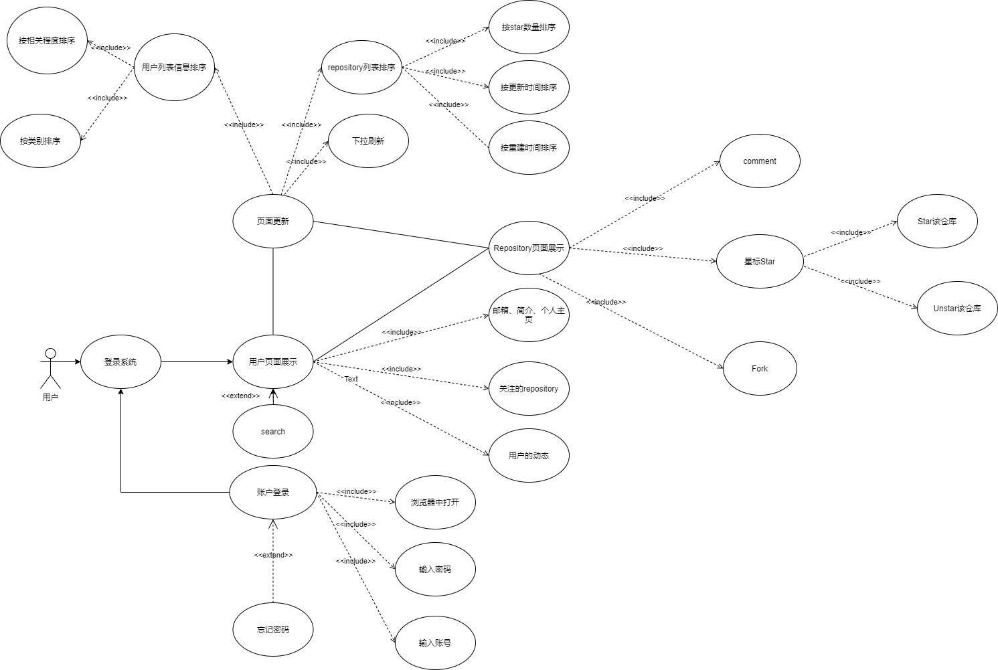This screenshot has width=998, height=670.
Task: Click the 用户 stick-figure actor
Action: point(50,367)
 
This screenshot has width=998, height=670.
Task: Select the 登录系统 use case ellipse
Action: point(120,362)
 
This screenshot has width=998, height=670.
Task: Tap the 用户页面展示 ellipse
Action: point(273,362)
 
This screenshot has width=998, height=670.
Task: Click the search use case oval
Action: point(273,432)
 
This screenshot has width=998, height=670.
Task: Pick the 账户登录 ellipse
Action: point(273,493)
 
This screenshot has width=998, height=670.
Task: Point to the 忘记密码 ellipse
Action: point(273,630)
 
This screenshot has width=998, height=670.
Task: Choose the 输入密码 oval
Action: point(435,570)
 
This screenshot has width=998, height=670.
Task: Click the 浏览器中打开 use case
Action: point(435,503)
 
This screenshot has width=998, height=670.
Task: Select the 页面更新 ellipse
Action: point(273,222)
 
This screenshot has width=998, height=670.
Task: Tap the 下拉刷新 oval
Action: point(368,141)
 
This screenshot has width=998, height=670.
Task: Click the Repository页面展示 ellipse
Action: point(529,248)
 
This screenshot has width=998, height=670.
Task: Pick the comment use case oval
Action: point(760,161)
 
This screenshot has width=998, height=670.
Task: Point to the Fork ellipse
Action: point(760,369)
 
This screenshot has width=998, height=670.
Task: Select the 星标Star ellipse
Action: point(760,262)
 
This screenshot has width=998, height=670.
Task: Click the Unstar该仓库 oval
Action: point(957,309)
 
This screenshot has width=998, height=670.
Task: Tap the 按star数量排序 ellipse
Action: point(529,27)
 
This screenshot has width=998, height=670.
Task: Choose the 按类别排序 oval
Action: point(40,141)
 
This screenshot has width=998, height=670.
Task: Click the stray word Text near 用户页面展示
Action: point(351,380)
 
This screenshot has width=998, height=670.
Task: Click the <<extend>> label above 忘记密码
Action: point(273,555)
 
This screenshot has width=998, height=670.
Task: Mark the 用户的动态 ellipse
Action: point(529,456)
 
